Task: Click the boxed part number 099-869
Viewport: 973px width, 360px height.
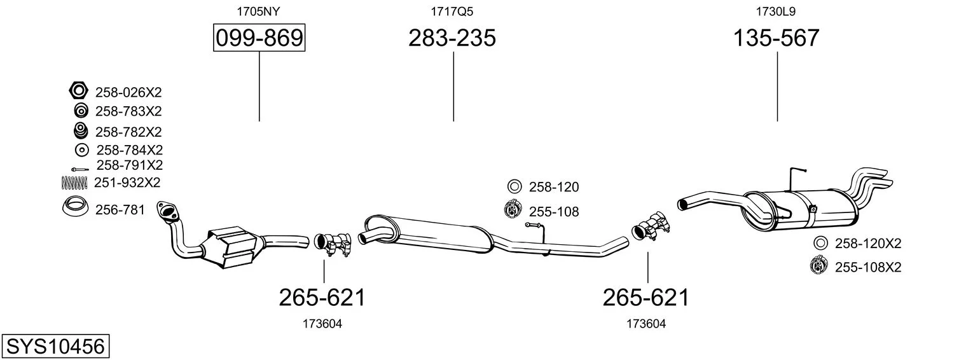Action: click(x=259, y=38)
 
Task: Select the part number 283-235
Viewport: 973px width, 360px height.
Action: click(x=452, y=38)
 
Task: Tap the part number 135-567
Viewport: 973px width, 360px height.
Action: click(x=776, y=38)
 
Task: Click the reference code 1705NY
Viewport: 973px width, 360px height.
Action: click(x=258, y=11)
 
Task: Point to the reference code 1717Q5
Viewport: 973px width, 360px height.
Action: click(x=452, y=11)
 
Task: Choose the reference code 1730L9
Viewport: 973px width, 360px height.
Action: click(x=776, y=11)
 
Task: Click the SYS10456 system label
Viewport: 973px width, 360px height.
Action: click(x=55, y=347)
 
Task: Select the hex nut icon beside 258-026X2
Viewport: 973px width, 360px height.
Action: click(x=79, y=91)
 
